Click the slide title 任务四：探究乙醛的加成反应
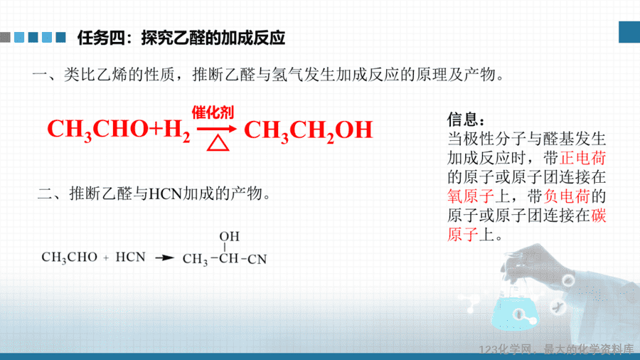point(181,38)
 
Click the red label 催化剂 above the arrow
point(213,112)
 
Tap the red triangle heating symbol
point(218,143)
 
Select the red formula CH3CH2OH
point(308,131)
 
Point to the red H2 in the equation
point(177,130)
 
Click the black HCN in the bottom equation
point(131,257)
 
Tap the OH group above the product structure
point(230,236)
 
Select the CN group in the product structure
point(257,259)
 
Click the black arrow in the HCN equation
point(165,258)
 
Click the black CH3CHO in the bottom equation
point(70,258)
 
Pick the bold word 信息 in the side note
point(462,120)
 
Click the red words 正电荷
point(583,158)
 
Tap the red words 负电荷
point(567,196)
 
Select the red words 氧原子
point(471,196)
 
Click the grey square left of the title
point(5,37)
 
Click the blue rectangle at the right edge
point(629,32)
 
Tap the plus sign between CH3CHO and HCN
point(106,258)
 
